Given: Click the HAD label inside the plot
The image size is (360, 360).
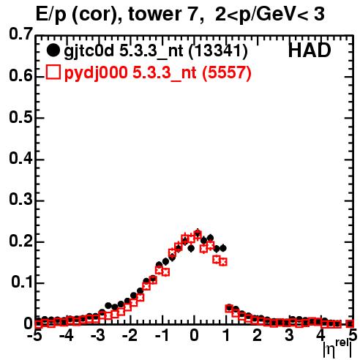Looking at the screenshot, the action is [x=310, y=50].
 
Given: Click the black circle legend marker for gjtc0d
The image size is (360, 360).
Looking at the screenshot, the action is [x=53, y=50].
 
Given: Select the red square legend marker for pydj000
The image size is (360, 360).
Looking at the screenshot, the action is [x=53, y=72].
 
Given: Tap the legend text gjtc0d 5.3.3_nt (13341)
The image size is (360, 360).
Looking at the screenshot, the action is [x=156, y=51].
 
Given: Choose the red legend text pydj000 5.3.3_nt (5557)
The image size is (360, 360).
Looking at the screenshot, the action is [x=158, y=73].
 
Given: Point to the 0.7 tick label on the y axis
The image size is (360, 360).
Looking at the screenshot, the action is [x=20, y=34].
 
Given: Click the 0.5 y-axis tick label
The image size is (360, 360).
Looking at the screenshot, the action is [x=20, y=117].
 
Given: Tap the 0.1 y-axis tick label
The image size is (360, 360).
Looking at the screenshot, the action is [x=21, y=282].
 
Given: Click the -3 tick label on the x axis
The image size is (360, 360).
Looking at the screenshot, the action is [x=97, y=335].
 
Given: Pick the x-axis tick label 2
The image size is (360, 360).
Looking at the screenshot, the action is [x=258, y=335].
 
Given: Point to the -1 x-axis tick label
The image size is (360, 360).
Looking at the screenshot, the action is [x=162, y=335].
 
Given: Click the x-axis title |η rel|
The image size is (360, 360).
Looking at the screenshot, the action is [x=337, y=348].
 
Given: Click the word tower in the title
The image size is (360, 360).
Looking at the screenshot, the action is [x=153, y=14].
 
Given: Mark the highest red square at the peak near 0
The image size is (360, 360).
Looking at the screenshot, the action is [x=198, y=235].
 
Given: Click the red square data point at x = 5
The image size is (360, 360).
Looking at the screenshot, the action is [x=350, y=323].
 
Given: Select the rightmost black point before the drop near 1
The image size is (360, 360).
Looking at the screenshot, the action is [x=223, y=248].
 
